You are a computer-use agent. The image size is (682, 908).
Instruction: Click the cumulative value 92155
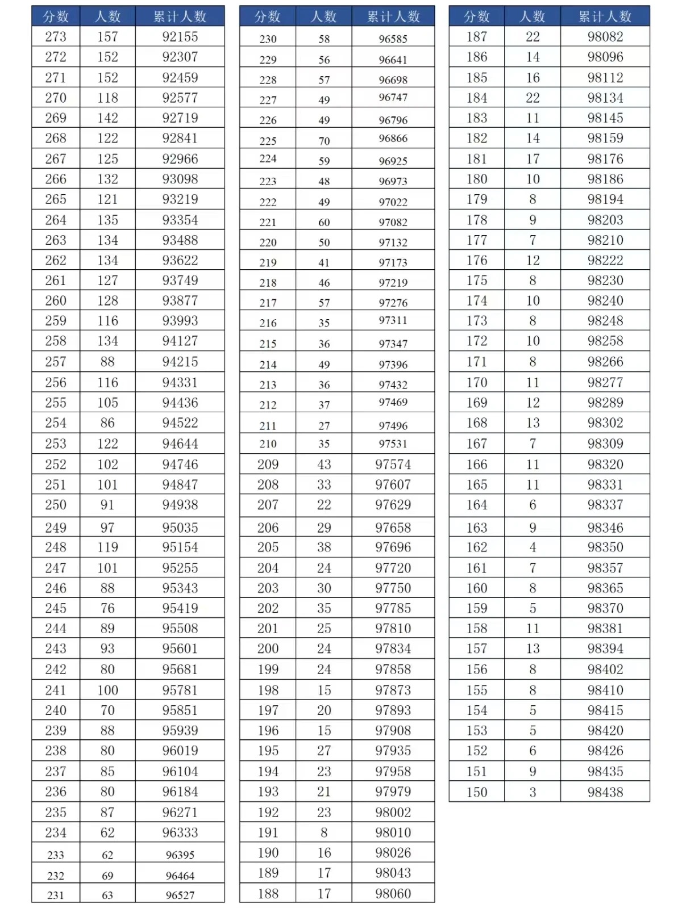click(180, 37)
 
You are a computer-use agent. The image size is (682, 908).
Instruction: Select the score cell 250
click(56, 505)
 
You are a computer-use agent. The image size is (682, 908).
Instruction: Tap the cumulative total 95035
click(180, 528)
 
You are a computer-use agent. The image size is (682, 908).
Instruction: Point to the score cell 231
click(56, 895)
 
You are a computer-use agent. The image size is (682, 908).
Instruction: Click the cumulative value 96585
click(393, 39)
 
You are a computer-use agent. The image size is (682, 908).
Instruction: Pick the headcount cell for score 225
click(324, 141)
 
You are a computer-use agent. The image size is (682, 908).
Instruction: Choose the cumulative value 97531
click(393, 443)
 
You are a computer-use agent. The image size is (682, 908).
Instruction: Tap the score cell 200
click(268, 648)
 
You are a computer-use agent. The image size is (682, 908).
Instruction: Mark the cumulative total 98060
click(393, 893)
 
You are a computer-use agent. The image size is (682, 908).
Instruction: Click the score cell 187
click(476, 37)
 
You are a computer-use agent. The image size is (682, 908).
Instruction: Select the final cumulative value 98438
click(605, 792)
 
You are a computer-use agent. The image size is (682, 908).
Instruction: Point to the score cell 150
click(476, 792)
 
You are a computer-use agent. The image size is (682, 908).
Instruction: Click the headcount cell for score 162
click(533, 547)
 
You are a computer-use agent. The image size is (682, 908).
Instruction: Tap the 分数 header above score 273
click(56, 16)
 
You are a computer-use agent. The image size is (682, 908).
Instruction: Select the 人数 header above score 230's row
click(324, 16)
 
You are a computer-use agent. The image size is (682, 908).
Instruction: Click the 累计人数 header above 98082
click(605, 16)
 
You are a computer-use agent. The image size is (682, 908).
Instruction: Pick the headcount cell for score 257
click(107, 362)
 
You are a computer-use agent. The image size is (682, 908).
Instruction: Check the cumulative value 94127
click(180, 341)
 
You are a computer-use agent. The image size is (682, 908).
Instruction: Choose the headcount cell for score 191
click(324, 832)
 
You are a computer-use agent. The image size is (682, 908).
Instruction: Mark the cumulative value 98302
click(605, 423)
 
